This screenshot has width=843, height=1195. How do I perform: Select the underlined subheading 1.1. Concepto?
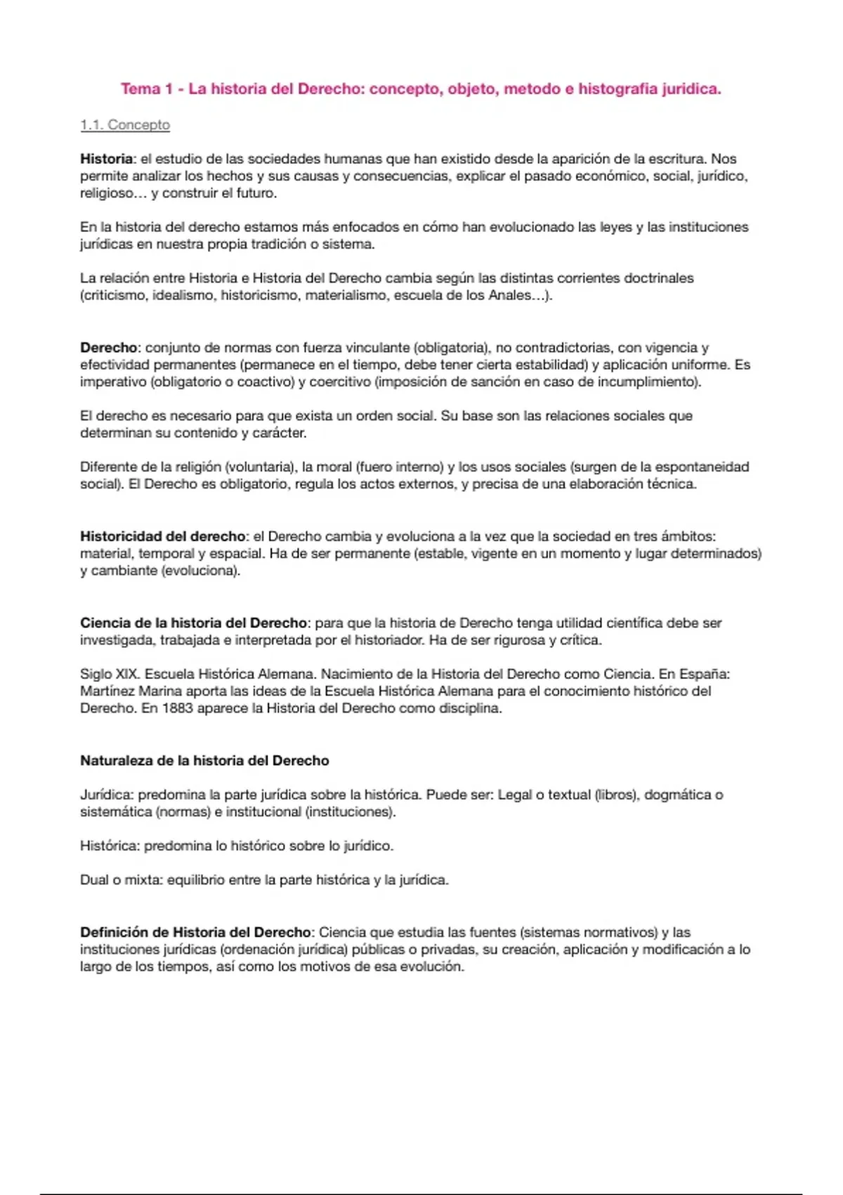click(x=125, y=125)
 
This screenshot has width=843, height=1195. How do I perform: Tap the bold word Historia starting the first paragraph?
click(x=106, y=159)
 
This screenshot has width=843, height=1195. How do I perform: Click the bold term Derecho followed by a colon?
click(x=109, y=348)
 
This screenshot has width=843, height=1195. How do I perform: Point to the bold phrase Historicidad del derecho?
click(x=163, y=536)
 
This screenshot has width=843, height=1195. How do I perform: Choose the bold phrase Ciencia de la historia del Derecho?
click(x=193, y=623)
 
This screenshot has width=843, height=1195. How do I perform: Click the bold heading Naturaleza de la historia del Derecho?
click(x=204, y=761)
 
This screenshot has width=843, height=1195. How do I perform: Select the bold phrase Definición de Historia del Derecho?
click(x=195, y=932)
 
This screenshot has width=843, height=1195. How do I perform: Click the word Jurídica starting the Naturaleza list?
click(x=105, y=795)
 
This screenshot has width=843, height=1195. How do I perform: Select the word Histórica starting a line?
click(x=109, y=846)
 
